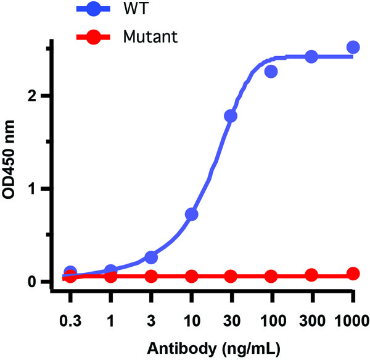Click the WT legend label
pyautogui.click(x=153, y=10)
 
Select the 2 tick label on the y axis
pyautogui.click(x=39, y=96)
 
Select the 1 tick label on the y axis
pyautogui.click(x=39, y=188)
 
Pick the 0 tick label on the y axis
pyautogui.click(x=39, y=282)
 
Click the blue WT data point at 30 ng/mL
pyautogui.click(x=231, y=116)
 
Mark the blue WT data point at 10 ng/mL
pyautogui.click(x=191, y=214)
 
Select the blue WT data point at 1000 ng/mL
pyautogui.click(x=353, y=47)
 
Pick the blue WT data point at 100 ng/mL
pyautogui.click(x=271, y=72)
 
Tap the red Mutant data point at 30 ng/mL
pyautogui.click(x=231, y=276)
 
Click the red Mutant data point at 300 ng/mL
pyautogui.click(x=311, y=275)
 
